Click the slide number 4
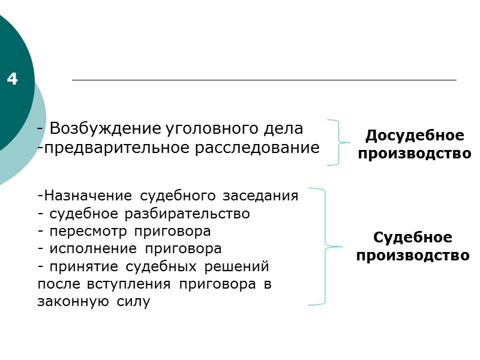click(x=13, y=79)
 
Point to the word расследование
click(x=257, y=148)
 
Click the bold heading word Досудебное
click(x=415, y=135)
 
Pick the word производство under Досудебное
click(x=415, y=153)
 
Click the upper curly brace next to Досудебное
click(x=338, y=142)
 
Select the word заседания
click(x=261, y=196)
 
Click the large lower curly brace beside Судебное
click(x=324, y=247)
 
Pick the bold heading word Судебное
click(x=413, y=237)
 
